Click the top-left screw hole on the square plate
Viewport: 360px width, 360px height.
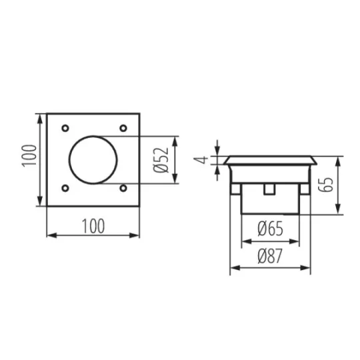pyautogui.click(x=65, y=128)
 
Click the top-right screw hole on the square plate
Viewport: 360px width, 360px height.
pyautogui.click(x=123, y=128)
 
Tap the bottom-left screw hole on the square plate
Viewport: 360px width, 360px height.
pyautogui.click(x=65, y=188)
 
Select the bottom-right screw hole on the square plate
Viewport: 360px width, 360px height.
pyautogui.click(x=123, y=188)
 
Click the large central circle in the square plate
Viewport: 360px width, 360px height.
pyautogui.click(x=69, y=160)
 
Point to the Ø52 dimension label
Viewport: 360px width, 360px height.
pyautogui.click(x=161, y=160)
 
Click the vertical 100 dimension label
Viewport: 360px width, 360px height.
pyautogui.click(x=29, y=156)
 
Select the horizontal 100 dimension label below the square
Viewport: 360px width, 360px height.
pyautogui.click(x=93, y=226)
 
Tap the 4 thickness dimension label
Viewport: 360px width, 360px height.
pyautogui.click(x=201, y=160)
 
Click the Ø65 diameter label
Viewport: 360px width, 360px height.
pyautogui.click(x=270, y=229)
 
